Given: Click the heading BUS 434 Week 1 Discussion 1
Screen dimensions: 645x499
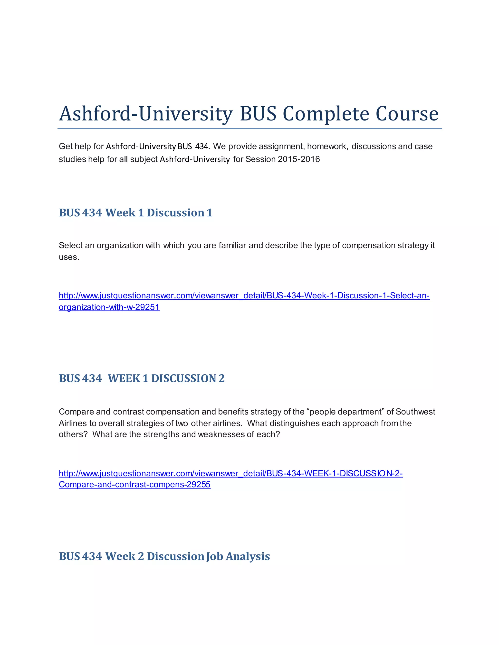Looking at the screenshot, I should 135,213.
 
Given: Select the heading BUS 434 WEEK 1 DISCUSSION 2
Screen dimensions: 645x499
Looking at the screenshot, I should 142,378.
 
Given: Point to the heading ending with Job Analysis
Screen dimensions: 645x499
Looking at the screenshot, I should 164,556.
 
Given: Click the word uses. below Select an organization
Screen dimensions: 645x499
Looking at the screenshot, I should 69,257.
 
